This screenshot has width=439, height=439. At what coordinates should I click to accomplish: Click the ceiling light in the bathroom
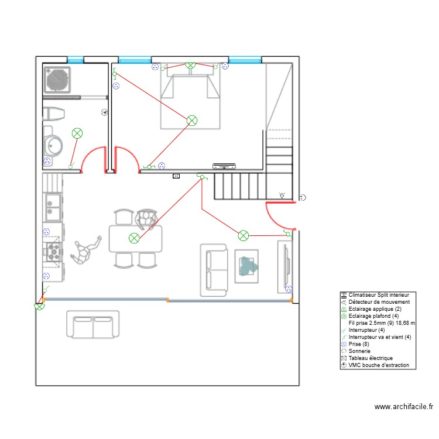pyautogui.click(x=77, y=133)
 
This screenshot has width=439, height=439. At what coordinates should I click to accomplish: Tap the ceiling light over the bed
pyautogui.click(x=191, y=120)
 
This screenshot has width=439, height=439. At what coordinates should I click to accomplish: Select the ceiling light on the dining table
pyautogui.click(x=134, y=237)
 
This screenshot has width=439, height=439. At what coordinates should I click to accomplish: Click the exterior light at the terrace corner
pyautogui.click(x=40, y=306)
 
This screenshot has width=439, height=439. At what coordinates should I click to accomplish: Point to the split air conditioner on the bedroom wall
pyautogui.click(x=224, y=165)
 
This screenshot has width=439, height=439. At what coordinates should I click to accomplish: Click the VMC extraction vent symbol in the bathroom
pyautogui.click(x=104, y=111)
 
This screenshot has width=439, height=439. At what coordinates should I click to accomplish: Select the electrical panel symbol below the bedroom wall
pyautogui.click(x=176, y=175)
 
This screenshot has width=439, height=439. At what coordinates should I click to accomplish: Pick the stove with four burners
pyautogui.click(x=53, y=252)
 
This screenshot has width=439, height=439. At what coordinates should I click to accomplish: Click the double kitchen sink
pyautogui.click(x=52, y=207)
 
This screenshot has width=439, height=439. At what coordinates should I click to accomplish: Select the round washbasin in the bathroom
pyautogui.click(x=53, y=145)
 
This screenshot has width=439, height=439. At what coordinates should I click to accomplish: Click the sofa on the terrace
pyautogui.click(x=93, y=325)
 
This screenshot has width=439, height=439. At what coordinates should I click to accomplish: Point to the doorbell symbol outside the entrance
pyautogui.click(x=302, y=197)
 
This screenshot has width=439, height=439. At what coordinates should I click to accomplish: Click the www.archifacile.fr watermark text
pyautogui.click(x=404, y=406)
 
